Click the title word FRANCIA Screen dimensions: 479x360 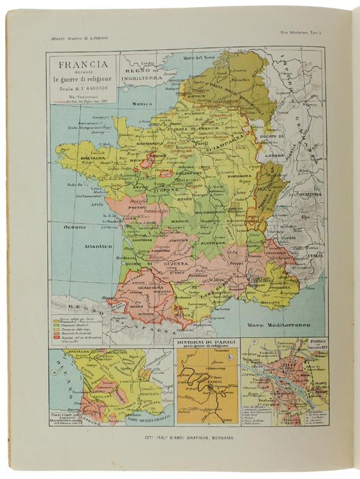tap(84, 64)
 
